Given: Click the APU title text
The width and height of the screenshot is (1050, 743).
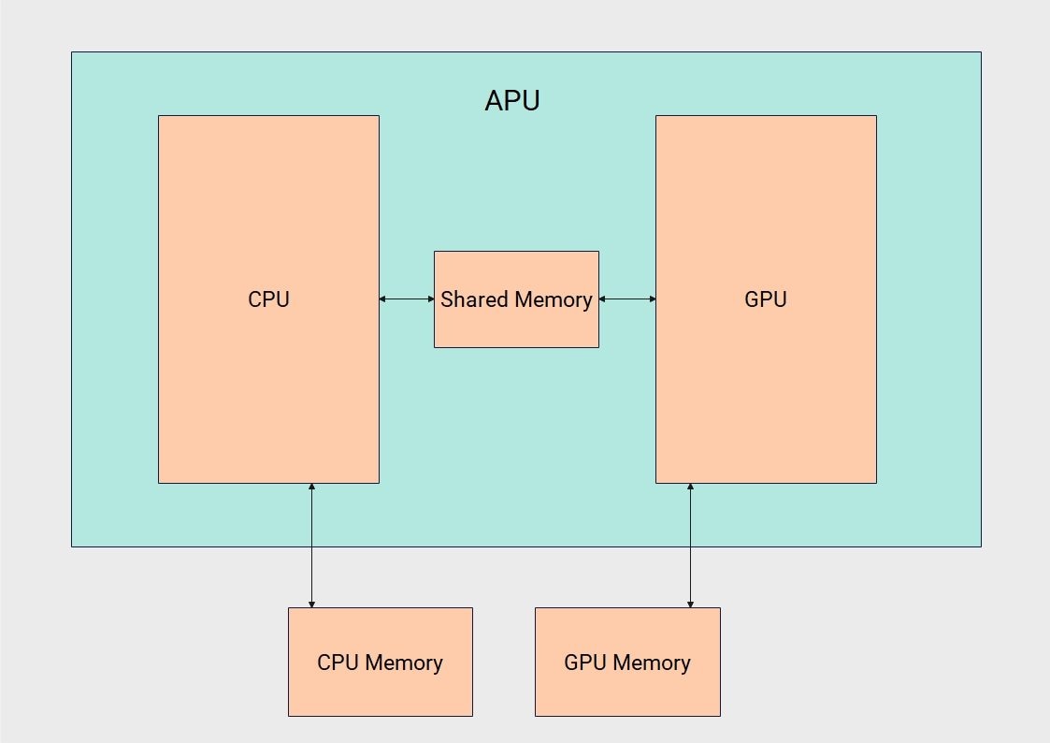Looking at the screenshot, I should pyautogui.click(x=511, y=100).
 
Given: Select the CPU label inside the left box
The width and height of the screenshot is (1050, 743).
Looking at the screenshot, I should pyautogui.click(x=268, y=299).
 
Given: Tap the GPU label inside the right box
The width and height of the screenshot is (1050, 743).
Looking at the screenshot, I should pyautogui.click(x=766, y=299).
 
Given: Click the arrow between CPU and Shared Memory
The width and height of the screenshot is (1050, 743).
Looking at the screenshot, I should pyautogui.click(x=407, y=299).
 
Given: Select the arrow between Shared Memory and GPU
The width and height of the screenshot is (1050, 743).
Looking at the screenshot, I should pyautogui.click(x=627, y=299).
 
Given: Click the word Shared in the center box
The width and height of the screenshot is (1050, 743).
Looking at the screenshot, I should pyautogui.click(x=470, y=299).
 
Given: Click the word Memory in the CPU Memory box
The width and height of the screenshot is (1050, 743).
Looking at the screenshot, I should pyautogui.click(x=403, y=663).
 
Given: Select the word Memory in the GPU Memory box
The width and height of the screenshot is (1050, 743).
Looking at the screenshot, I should pyautogui.click(x=651, y=663).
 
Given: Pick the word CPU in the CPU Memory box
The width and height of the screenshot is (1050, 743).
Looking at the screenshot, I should pyautogui.click(x=338, y=663).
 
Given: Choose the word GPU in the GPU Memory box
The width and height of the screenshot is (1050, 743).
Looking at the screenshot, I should pyautogui.click(x=586, y=663).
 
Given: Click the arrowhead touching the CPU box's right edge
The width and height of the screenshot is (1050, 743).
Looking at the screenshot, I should pyautogui.click(x=383, y=299).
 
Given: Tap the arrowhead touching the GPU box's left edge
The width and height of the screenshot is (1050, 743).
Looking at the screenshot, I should pyautogui.click(x=652, y=299).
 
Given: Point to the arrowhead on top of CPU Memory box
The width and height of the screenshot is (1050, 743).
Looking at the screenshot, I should pyautogui.click(x=311, y=604).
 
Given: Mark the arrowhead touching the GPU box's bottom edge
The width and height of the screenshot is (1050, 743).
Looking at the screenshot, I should pyautogui.click(x=690, y=488).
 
